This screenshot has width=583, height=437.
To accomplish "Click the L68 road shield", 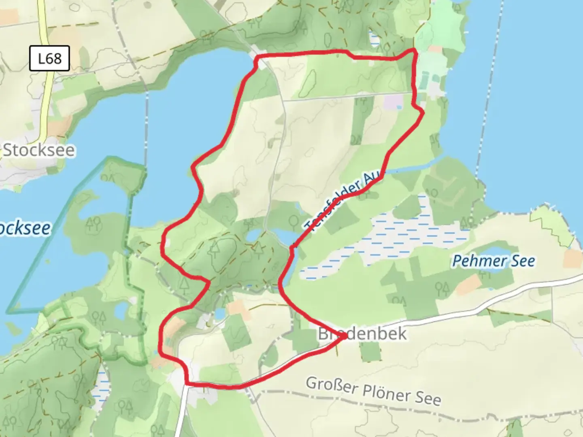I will tap(49, 59).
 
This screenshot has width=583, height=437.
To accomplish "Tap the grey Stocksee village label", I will tap(39, 150).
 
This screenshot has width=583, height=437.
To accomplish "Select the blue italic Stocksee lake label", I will tap(24, 228).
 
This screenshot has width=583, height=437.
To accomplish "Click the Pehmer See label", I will tap(493, 261).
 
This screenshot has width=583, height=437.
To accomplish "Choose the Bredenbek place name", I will tap(362, 334).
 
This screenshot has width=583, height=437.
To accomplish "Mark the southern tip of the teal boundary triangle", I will tap(9, 312).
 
